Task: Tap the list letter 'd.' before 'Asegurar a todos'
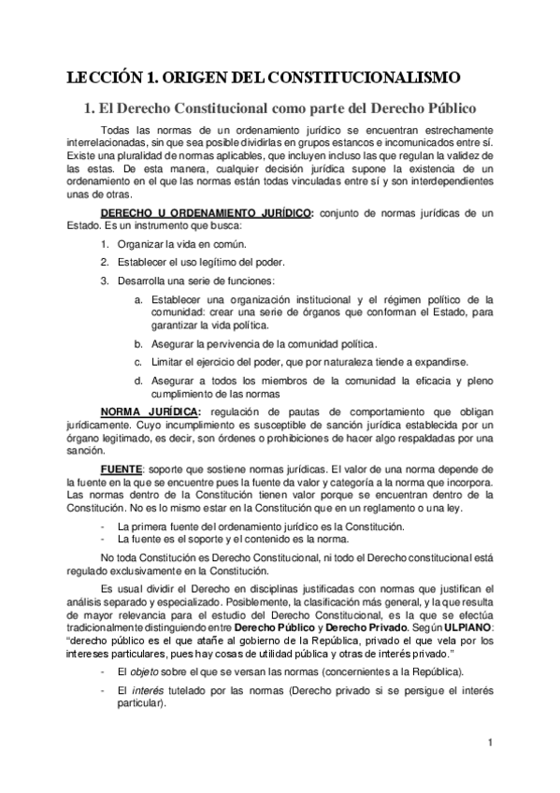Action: tap(138, 381)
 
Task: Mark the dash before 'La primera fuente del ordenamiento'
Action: tap(101, 527)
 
